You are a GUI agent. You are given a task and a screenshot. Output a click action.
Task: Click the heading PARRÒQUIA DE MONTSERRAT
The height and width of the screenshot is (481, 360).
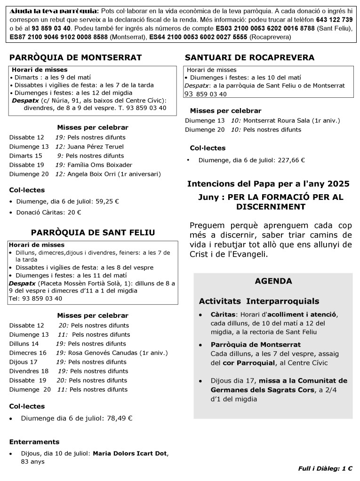[75, 58]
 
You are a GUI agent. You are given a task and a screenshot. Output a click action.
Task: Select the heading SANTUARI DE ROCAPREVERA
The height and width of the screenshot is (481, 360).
[249, 58]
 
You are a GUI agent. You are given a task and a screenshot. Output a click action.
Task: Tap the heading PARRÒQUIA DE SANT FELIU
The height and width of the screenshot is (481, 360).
[93, 233]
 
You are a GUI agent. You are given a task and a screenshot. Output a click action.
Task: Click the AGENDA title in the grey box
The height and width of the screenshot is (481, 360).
[273, 281]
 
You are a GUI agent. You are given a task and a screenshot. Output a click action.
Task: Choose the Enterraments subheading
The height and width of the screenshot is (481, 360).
[34, 442]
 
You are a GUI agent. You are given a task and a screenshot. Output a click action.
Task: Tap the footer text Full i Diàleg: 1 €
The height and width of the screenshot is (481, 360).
[325, 468]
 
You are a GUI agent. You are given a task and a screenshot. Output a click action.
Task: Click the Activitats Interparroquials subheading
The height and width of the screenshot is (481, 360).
[259, 301]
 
